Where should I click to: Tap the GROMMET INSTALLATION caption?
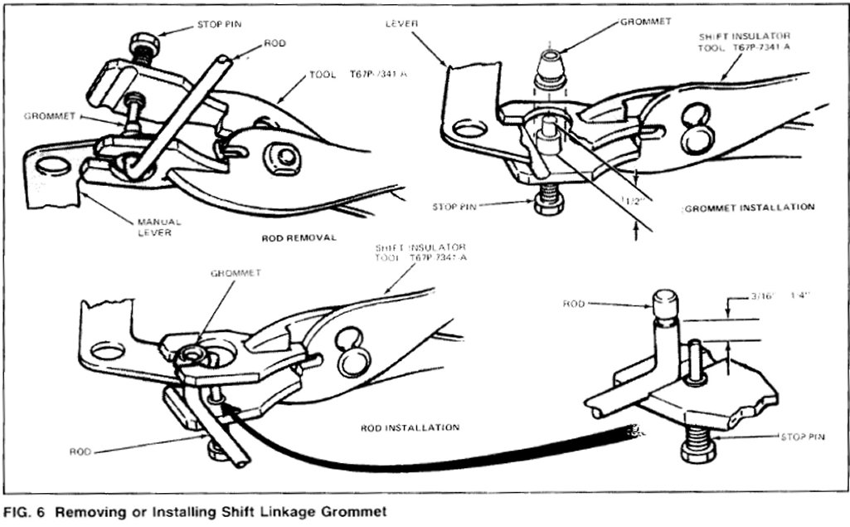coord(749,207)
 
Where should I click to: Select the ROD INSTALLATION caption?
coord(410,427)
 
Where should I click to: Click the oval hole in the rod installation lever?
coord(107,350)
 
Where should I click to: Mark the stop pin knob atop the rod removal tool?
coord(142,41)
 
